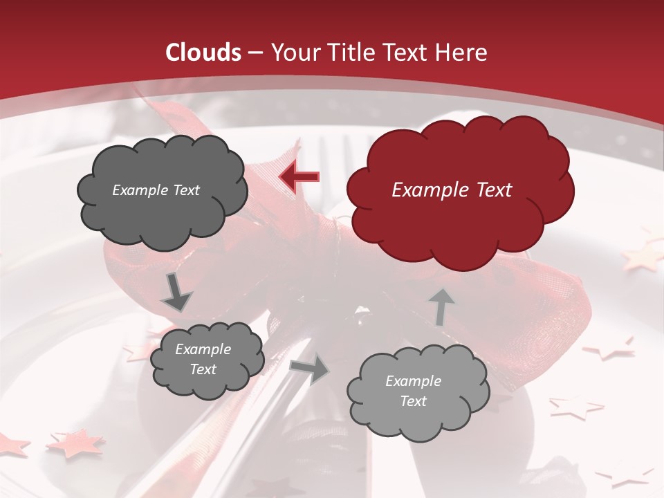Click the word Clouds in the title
tap(204, 53)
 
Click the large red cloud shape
tap(459, 190)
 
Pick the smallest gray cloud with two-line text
tap(207, 359)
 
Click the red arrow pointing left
tap(299, 178)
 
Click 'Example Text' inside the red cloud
tap(452, 190)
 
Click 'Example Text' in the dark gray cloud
tap(156, 190)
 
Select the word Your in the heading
tap(295, 53)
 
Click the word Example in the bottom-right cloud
tap(413, 381)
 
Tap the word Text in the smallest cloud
tap(203, 369)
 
